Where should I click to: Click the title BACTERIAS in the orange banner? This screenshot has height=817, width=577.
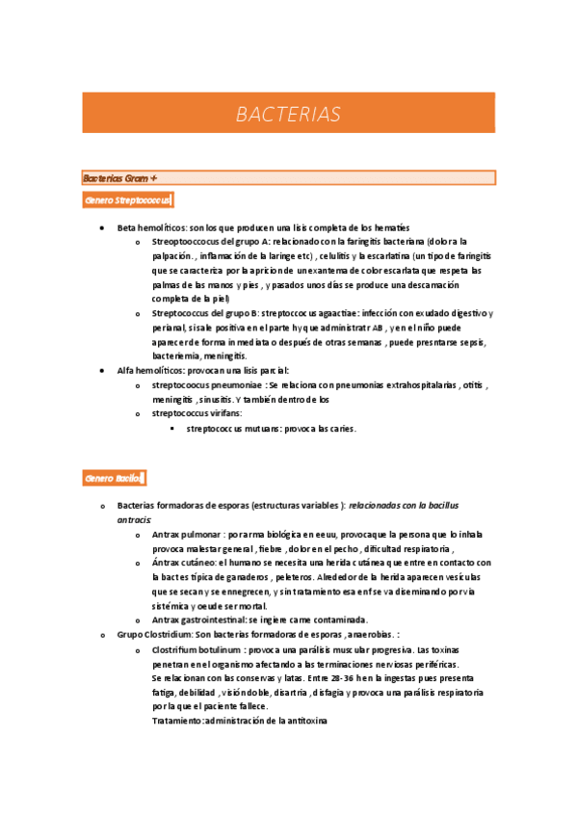click(x=288, y=115)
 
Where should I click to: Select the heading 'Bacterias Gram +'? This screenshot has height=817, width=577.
click(x=119, y=177)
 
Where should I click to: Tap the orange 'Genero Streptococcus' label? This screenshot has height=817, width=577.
click(x=127, y=200)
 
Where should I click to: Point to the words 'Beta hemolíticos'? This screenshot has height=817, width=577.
click(x=151, y=227)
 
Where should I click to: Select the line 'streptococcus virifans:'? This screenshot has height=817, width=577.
click(x=197, y=413)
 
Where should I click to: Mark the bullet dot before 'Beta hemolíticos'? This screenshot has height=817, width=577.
click(x=102, y=227)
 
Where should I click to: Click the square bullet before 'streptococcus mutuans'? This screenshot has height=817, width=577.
click(x=172, y=429)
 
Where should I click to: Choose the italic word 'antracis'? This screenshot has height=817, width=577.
click(x=135, y=518)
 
